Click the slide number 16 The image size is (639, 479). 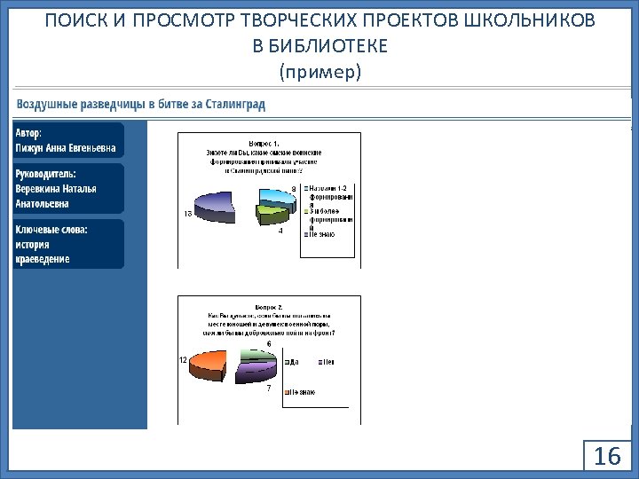point(607,457)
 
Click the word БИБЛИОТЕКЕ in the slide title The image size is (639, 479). point(319,45)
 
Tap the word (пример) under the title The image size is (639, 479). point(319,71)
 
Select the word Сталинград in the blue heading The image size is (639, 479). point(235,105)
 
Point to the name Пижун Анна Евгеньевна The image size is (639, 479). point(65,148)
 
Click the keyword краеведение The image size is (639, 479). point(42,259)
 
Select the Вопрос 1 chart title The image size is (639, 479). point(264,143)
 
